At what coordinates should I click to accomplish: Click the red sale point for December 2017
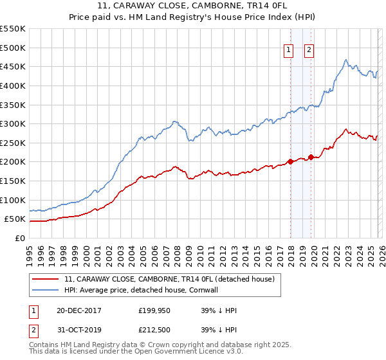(290, 161)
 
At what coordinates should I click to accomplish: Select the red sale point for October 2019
(311, 157)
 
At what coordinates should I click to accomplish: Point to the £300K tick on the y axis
(13, 123)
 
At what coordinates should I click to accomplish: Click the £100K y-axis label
(13, 200)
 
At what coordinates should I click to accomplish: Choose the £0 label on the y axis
(19, 238)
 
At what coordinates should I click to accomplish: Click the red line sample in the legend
(46, 279)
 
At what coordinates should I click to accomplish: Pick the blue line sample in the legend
(46, 290)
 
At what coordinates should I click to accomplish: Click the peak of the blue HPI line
(346, 60)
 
